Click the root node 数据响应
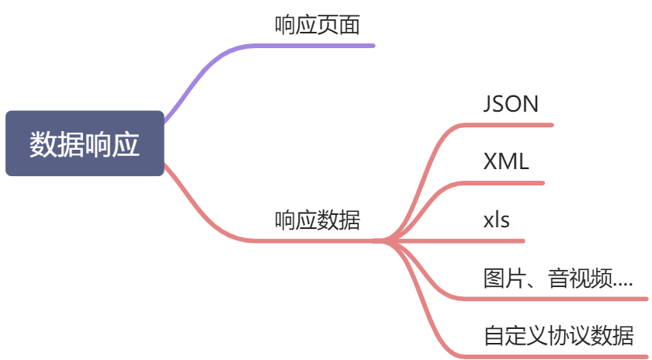click(x=85, y=144)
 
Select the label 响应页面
click(x=317, y=26)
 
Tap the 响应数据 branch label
click(x=317, y=220)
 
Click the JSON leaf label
click(x=510, y=104)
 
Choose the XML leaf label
click(x=505, y=162)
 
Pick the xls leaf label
click(x=496, y=220)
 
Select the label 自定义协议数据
click(x=558, y=337)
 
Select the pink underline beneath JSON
click(x=512, y=124)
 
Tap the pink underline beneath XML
click(x=505, y=183)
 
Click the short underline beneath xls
click(x=497, y=241)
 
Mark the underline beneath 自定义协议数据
click(x=559, y=357)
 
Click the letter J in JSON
click(x=488, y=104)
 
